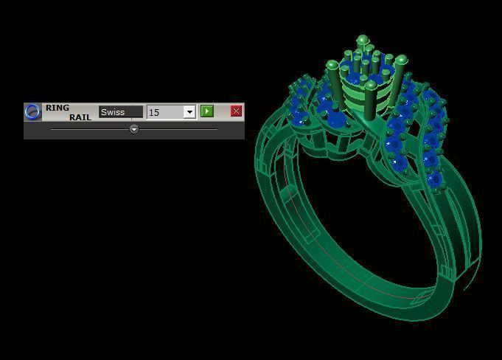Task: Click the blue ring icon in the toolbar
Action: coord(32,111)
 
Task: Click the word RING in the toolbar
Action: coord(57,108)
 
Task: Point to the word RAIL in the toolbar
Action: coord(80,117)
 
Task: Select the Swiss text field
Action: coord(121,112)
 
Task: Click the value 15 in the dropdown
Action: coord(164,112)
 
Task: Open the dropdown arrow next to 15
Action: coord(189,112)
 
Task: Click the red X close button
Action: coord(236,111)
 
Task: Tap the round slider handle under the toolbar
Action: coord(134,129)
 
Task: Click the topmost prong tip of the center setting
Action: coord(363,39)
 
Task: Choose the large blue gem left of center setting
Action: coord(336,118)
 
